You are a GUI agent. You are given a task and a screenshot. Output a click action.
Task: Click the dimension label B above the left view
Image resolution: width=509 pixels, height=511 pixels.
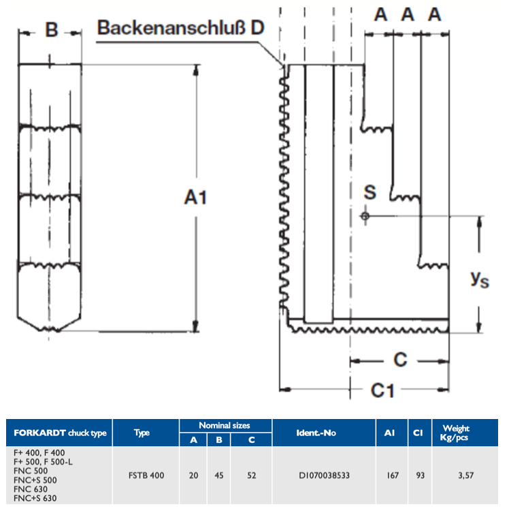coord(52,30)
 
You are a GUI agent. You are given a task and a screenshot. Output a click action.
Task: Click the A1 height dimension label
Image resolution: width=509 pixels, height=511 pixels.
coord(195,197)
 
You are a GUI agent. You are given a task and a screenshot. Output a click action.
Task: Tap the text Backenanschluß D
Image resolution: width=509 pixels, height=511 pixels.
coord(180,27)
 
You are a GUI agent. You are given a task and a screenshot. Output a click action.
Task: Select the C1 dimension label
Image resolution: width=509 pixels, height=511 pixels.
coord(382,390)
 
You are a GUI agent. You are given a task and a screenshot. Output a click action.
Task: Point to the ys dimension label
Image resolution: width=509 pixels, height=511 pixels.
coord(480,279)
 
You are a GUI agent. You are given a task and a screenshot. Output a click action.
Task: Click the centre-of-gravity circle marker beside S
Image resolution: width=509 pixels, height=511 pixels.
coord(365,216)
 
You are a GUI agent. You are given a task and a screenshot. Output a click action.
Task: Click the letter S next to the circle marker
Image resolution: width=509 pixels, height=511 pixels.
coord(370,192)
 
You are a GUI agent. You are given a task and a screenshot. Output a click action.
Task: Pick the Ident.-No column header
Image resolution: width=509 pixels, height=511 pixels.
coord(316,433)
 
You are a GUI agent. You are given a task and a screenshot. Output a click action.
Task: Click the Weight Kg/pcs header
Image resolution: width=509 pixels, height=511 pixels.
coord(455,433)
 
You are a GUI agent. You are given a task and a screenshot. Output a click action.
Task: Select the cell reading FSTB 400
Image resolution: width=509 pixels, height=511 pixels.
coord(146,476)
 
